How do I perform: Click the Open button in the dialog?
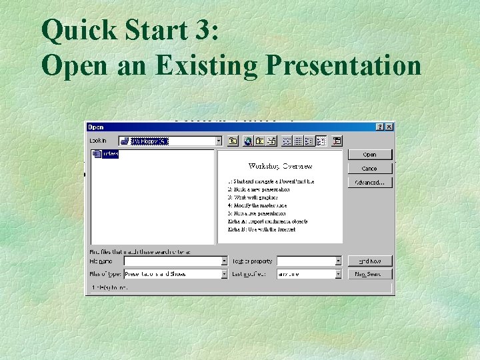click(x=369, y=155)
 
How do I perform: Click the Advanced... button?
click(x=369, y=182)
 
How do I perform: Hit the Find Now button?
click(x=369, y=261)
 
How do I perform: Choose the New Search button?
click(x=369, y=273)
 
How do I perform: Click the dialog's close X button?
click(x=389, y=127)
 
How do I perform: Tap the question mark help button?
click(x=380, y=127)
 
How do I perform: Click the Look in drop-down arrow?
click(x=218, y=141)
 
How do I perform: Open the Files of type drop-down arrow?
click(x=224, y=273)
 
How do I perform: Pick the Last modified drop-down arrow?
click(x=339, y=273)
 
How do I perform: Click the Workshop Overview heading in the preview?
click(x=280, y=166)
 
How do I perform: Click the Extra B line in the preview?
click(x=261, y=229)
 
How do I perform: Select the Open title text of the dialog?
click(x=97, y=127)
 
